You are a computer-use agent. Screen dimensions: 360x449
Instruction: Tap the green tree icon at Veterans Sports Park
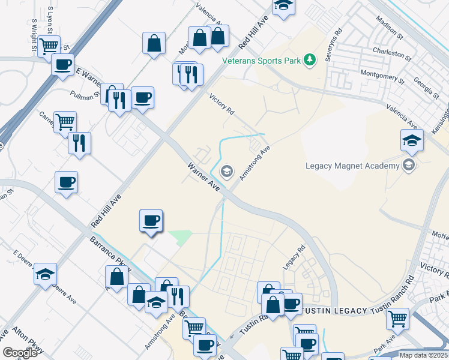[x=310, y=59]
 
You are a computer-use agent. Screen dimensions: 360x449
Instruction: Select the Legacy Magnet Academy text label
[x=352, y=166]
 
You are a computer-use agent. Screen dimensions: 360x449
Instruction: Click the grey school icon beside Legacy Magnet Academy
[x=409, y=165]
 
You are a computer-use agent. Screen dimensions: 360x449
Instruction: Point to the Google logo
[x=20, y=352]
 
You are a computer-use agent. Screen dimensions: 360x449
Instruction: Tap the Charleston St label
[x=391, y=55]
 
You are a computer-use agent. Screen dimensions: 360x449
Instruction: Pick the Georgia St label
[x=425, y=88]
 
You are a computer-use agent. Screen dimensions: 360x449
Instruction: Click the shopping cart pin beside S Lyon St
[x=49, y=45]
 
